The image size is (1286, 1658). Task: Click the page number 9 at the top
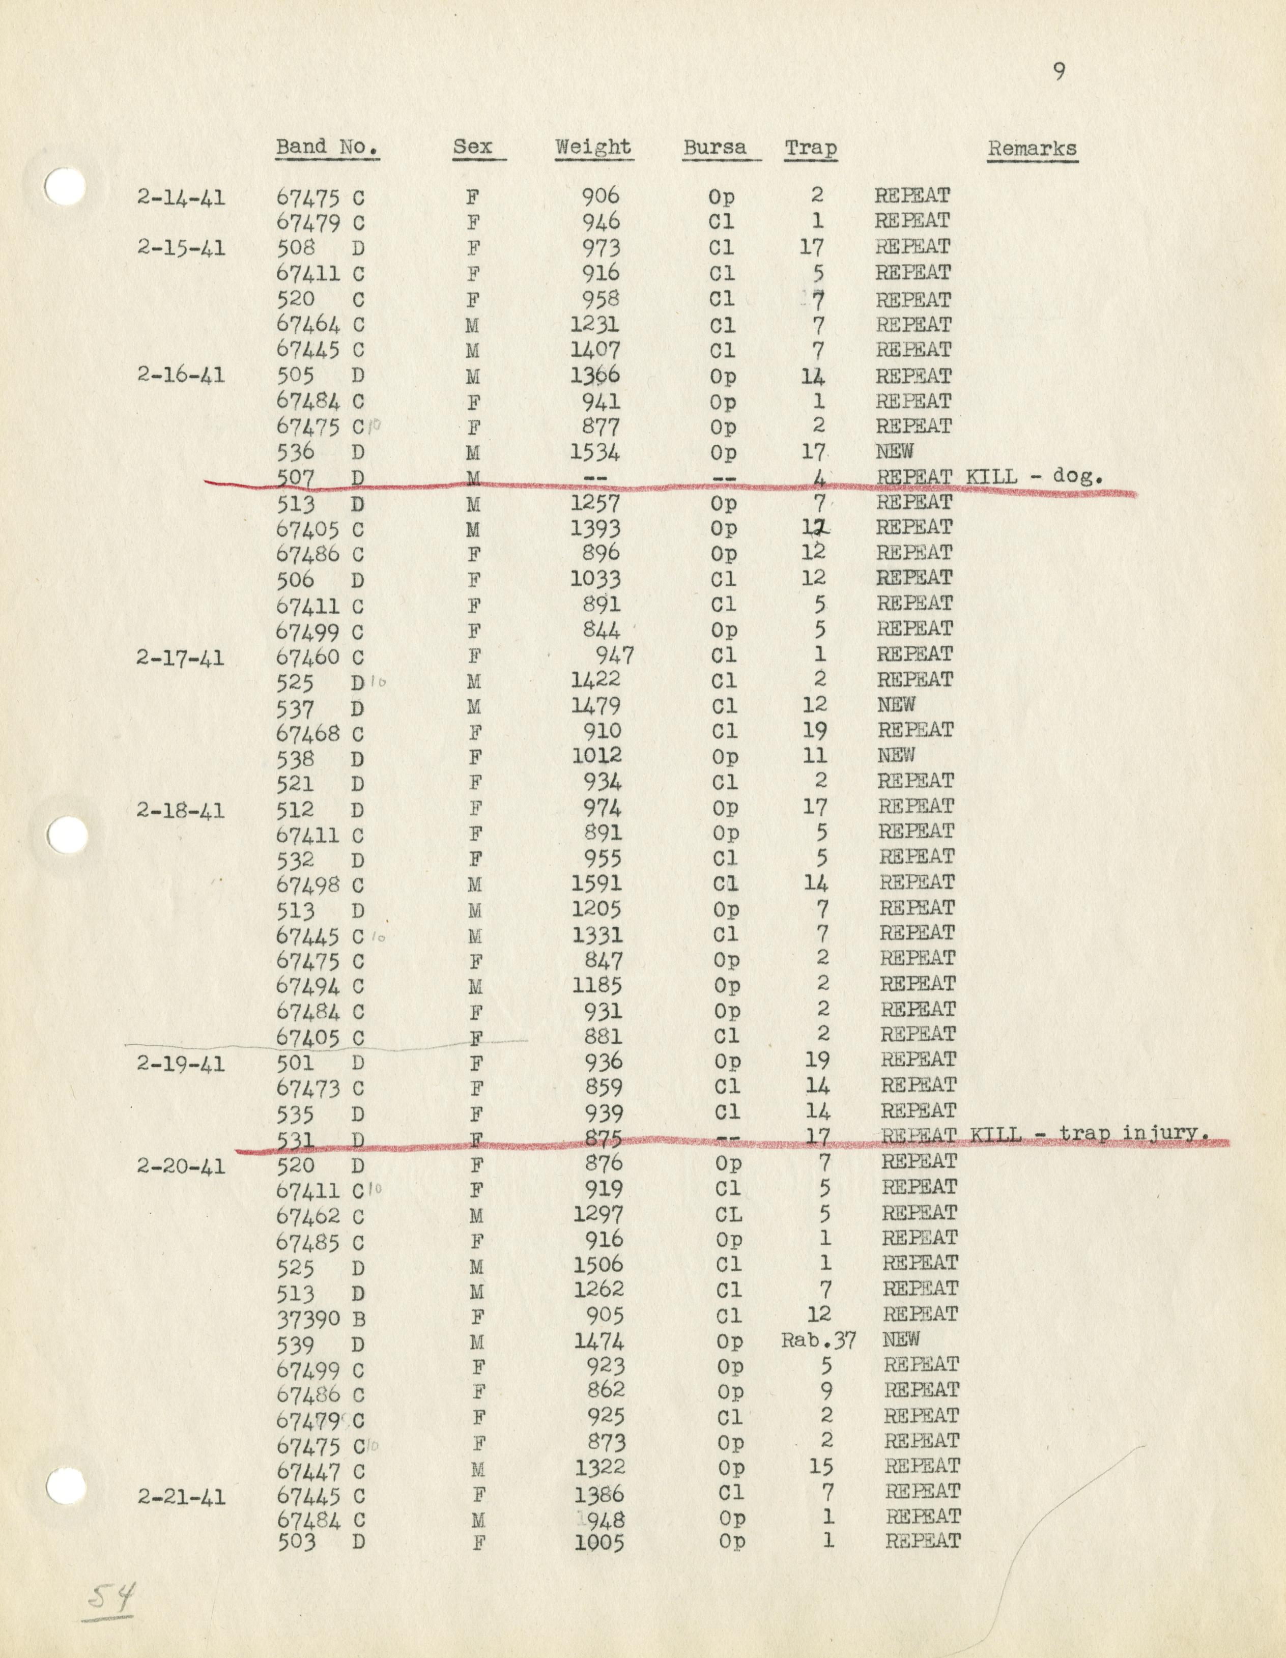(1059, 72)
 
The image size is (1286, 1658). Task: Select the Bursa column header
(715, 147)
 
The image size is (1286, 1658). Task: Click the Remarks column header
(1032, 148)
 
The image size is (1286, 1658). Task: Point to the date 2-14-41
(181, 197)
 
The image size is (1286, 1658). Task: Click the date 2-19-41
(181, 1063)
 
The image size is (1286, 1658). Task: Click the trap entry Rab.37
(818, 1340)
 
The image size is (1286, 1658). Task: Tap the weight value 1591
(597, 883)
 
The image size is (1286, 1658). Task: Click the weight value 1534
(595, 452)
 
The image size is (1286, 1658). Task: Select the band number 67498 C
(321, 885)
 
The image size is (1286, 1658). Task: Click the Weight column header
(593, 147)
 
